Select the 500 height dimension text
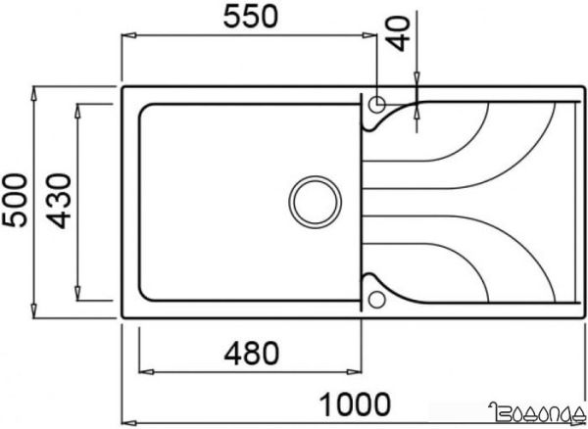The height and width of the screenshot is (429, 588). [15, 201]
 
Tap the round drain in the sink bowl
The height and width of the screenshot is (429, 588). [316, 201]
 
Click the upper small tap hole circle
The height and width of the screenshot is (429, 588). [377, 102]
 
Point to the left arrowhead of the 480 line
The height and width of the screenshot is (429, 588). [144, 371]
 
